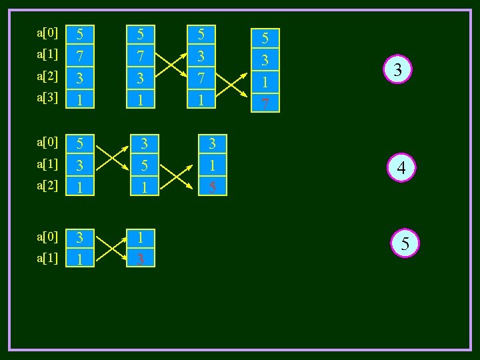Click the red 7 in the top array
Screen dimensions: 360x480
[265, 103]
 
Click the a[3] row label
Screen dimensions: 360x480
[47, 97]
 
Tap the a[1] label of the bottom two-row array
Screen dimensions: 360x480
[47, 257]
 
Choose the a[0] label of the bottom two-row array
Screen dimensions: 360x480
[47, 236]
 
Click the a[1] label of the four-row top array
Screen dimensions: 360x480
[47, 53]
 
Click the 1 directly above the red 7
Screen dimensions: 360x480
[265, 83]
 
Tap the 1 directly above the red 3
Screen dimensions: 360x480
[140, 237]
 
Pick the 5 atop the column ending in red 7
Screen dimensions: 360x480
[265, 39]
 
